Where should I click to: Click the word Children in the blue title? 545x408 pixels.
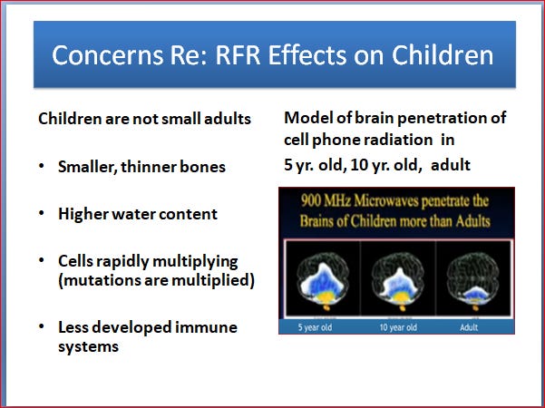(443, 55)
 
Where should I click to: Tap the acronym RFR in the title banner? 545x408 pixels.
(238, 55)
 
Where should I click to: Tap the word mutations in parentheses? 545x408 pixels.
(100, 280)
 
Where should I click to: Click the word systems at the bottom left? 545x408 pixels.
(88, 347)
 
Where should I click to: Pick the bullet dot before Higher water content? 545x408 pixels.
(42, 213)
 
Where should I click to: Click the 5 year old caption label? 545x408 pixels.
(315, 327)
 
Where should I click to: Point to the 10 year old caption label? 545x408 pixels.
(398, 327)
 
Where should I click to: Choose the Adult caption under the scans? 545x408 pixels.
(469, 327)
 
